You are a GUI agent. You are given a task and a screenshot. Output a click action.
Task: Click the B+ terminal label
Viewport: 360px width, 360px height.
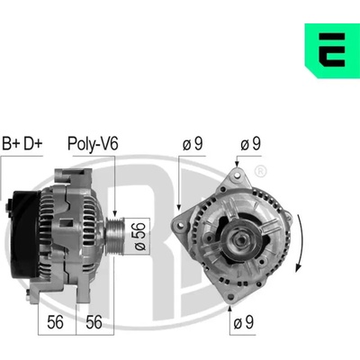(11, 143)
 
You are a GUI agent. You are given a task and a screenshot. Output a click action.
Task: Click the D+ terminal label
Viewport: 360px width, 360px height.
(33, 143)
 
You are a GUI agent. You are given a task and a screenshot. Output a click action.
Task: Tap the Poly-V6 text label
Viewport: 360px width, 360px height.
(93, 144)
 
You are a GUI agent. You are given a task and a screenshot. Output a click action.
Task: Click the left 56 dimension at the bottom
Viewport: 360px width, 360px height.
(55, 322)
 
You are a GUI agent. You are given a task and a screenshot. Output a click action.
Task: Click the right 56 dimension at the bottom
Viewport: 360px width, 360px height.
(94, 322)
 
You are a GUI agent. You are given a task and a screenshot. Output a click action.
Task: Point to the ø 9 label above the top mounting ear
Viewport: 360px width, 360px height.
(250, 144)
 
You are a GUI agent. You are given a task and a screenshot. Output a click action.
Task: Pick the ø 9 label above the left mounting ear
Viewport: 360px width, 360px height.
(193, 144)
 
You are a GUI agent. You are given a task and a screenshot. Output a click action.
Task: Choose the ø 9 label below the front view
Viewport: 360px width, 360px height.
(243, 322)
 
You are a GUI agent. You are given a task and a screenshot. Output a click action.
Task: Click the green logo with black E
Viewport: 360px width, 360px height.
(332, 50)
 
